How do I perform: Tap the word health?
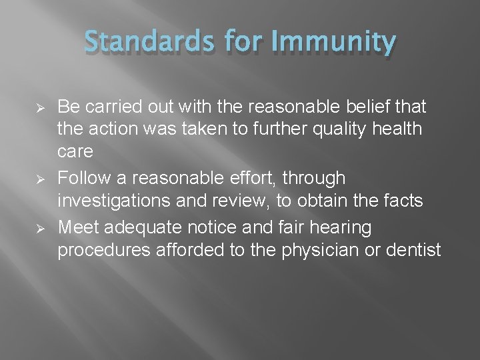click(x=399, y=129)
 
